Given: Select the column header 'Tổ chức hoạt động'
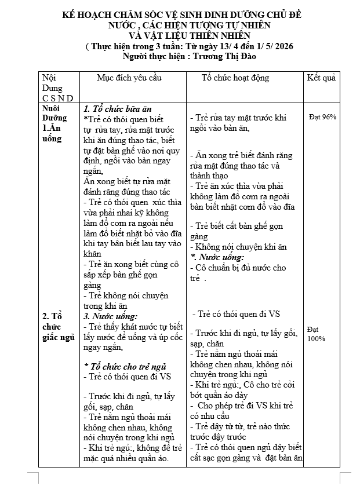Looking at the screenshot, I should coord(235,78).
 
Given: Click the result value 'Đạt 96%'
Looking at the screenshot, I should coord(322,117).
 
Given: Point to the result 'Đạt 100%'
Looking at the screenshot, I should coord(317,334).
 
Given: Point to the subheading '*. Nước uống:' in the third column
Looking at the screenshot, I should coord(217,257).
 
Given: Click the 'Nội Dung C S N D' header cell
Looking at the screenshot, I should coord(57,87).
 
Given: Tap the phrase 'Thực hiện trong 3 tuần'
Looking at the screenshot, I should coord(132,46).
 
